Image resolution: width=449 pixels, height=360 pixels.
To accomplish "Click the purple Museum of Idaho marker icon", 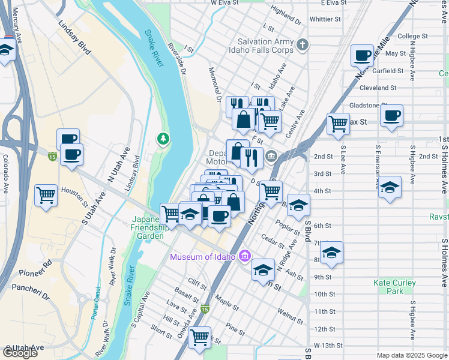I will click(x=244, y=257).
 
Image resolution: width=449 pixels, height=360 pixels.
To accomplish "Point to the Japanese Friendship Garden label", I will click(x=148, y=227).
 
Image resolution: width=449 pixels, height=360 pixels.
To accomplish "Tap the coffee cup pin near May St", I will click(x=363, y=56).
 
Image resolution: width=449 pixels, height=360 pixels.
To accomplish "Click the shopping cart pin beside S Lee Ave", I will click(x=339, y=124).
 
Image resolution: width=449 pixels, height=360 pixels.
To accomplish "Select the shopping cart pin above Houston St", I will click(x=46, y=196).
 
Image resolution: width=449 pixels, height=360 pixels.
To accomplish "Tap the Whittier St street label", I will click(x=325, y=19).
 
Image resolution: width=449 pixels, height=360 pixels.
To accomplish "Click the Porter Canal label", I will click(x=95, y=314).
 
